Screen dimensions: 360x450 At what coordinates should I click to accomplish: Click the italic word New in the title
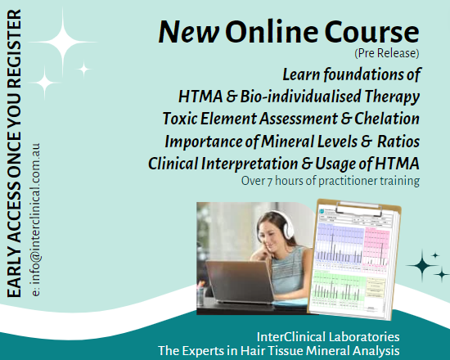click(x=189, y=32)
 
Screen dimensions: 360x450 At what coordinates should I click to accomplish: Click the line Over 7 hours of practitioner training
click(x=331, y=181)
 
